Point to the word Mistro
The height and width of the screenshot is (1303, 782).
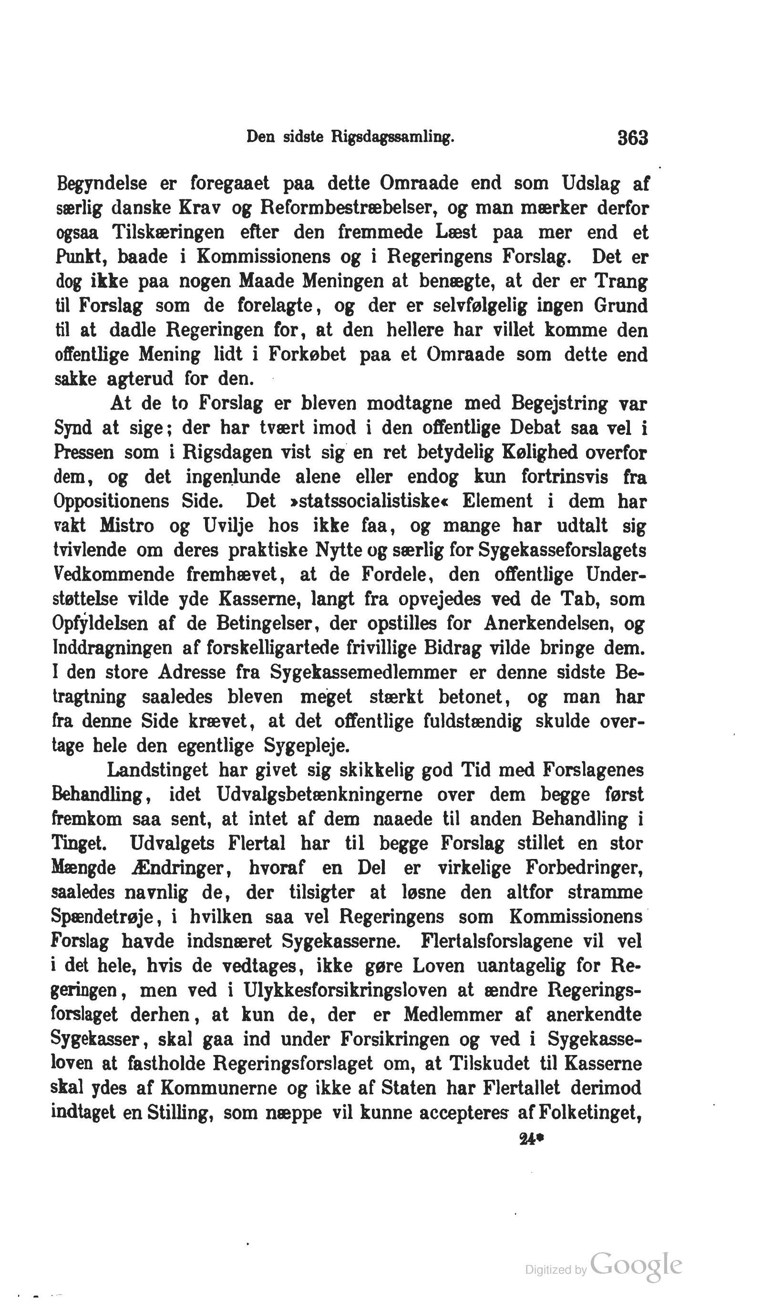tap(127, 526)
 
